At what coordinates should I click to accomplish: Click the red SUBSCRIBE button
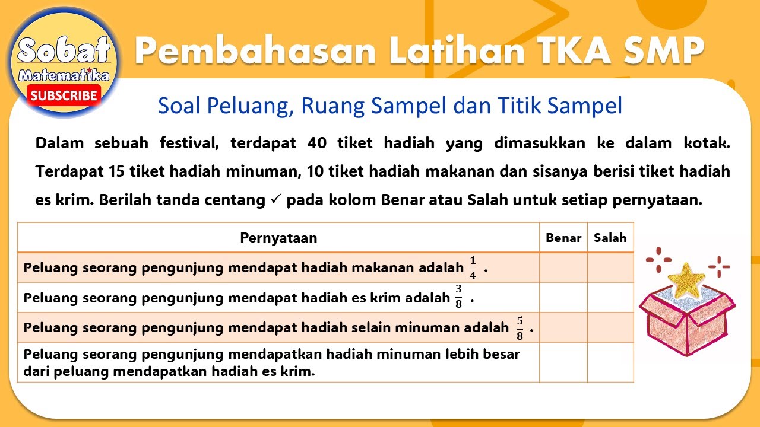(x=64, y=95)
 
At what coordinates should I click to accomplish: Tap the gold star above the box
(x=687, y=278)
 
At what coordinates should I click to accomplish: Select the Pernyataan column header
(x=278, y=238)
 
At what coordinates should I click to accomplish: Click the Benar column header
(x=563, y=238)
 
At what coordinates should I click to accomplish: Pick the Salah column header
(x=610, y=238)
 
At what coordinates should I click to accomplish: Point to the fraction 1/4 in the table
(x=473, y=268)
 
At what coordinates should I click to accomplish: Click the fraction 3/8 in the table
(x=458, y=297)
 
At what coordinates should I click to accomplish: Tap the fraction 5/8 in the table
(x=520, y=327)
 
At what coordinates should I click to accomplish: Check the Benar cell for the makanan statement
(x=563, y=268)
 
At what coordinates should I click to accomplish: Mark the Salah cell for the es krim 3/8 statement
(x=610, y=298)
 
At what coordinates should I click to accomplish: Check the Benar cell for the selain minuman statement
(x=563, y=327)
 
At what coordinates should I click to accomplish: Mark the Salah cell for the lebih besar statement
(x=610, y=362)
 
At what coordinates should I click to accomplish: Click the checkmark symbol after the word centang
(x=275, y=200)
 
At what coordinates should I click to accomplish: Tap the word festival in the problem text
(x=189, y=143)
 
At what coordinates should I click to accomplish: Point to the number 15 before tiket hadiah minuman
(x=116, y=172)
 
